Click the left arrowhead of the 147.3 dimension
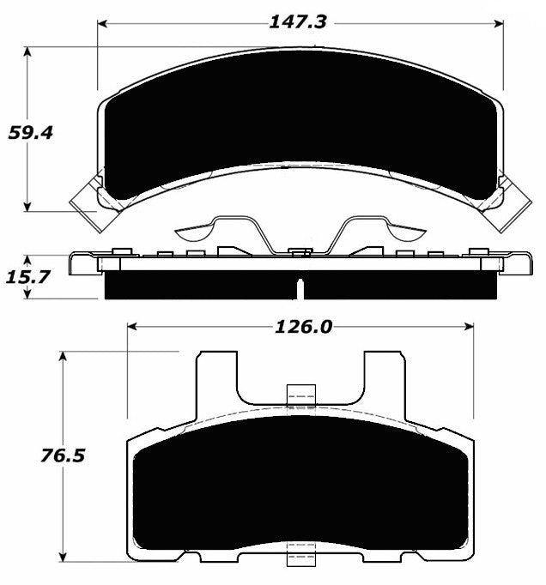(x=102, y=25)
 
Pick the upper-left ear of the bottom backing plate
(x=216, y=373)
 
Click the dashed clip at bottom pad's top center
(x=300, y=394)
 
